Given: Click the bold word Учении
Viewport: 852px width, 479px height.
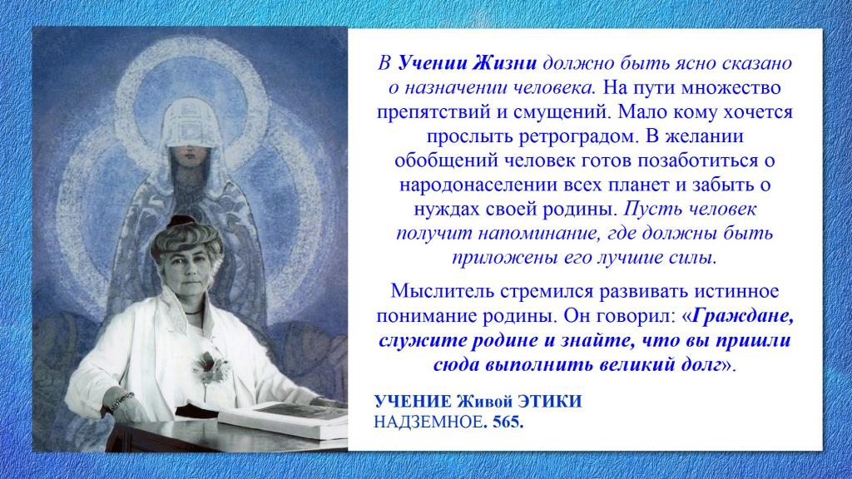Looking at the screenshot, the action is coord(432,63).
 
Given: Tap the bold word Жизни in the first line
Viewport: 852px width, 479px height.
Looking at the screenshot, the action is coord(503,63).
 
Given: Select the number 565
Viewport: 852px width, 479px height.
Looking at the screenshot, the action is coord(508,422).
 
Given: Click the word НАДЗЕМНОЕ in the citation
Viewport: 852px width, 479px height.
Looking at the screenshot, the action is coord(428,422).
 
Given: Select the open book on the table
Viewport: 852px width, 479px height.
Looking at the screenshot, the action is coord(283,419).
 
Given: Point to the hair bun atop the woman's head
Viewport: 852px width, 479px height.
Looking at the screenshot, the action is coord(181,221).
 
